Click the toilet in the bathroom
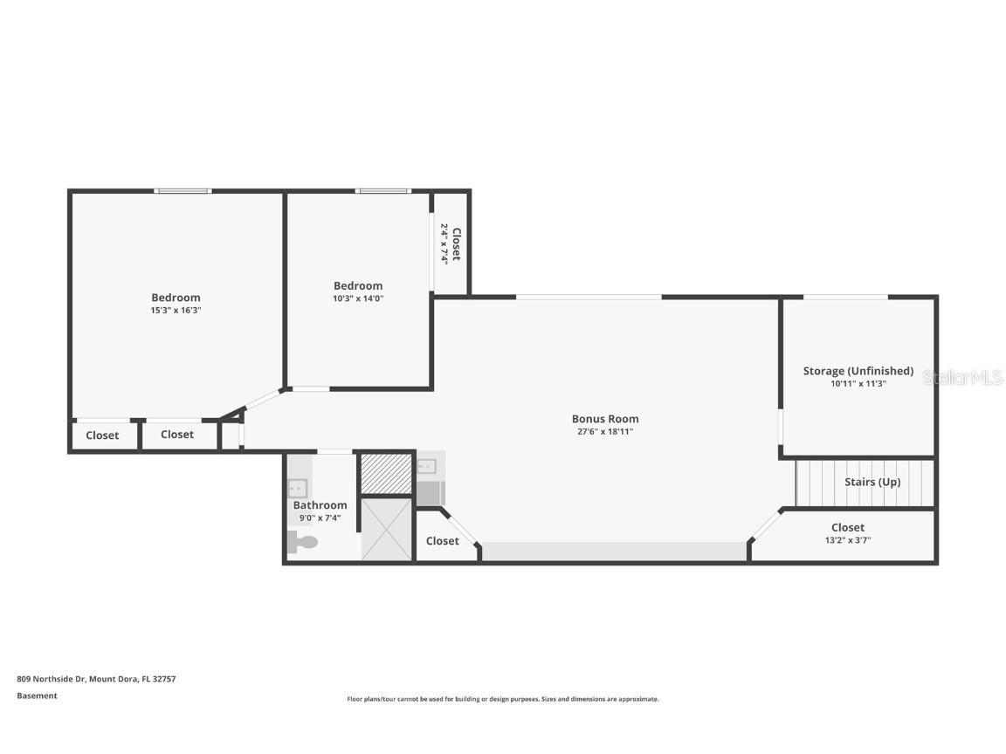click(304, 543)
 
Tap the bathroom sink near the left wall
click(298, 489)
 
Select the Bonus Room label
click(605, 419)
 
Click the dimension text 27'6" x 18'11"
click(605, 431)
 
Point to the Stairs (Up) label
click(872, 482)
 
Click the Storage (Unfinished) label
click(858, 371)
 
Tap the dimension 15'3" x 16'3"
click(176, 310)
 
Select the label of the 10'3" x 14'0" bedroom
click(358, 285)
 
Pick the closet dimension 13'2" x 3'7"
click(847, 540)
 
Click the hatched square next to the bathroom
click(386, 473)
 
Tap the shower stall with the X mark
click(386, 529)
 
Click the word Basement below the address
click(37, 696)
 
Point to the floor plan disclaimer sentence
click(503, 699)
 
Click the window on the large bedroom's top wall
click(183, 190)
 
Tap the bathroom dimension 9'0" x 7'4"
click(320, 518)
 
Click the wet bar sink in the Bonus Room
click(427, 466)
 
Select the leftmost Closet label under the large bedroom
click(102, 435)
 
